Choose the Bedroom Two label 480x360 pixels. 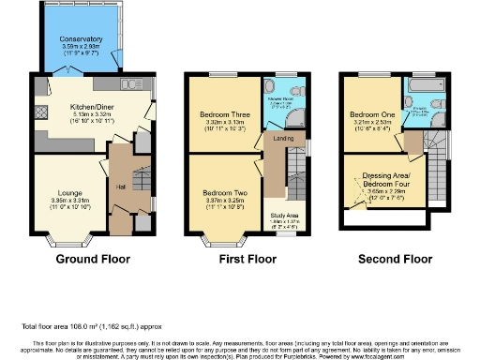tap(223, 192)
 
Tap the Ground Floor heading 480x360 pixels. tap(93, 258)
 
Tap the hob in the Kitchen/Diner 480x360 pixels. tap(40, 112)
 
